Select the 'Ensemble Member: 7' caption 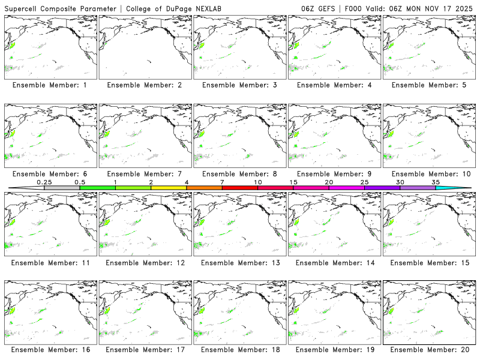click(144, 174)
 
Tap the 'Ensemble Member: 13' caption click(239, 263)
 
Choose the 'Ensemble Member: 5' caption click(428, 85)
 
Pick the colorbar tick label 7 click(223, 182)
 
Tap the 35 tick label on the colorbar click(436, 182)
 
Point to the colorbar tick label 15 click(293, 182)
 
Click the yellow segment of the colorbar click(169, 188)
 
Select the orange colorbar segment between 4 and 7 click(204, 188)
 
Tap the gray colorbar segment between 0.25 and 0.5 click(62, 188)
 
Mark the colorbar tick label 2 click(151, 182)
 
